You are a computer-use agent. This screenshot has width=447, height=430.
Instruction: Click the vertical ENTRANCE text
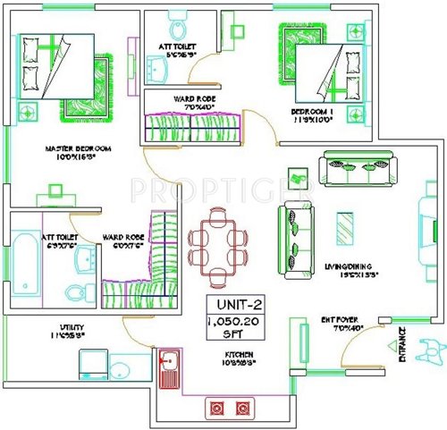[x=400, y=344]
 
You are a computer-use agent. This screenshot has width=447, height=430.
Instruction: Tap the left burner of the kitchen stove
[x=216, y=409]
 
